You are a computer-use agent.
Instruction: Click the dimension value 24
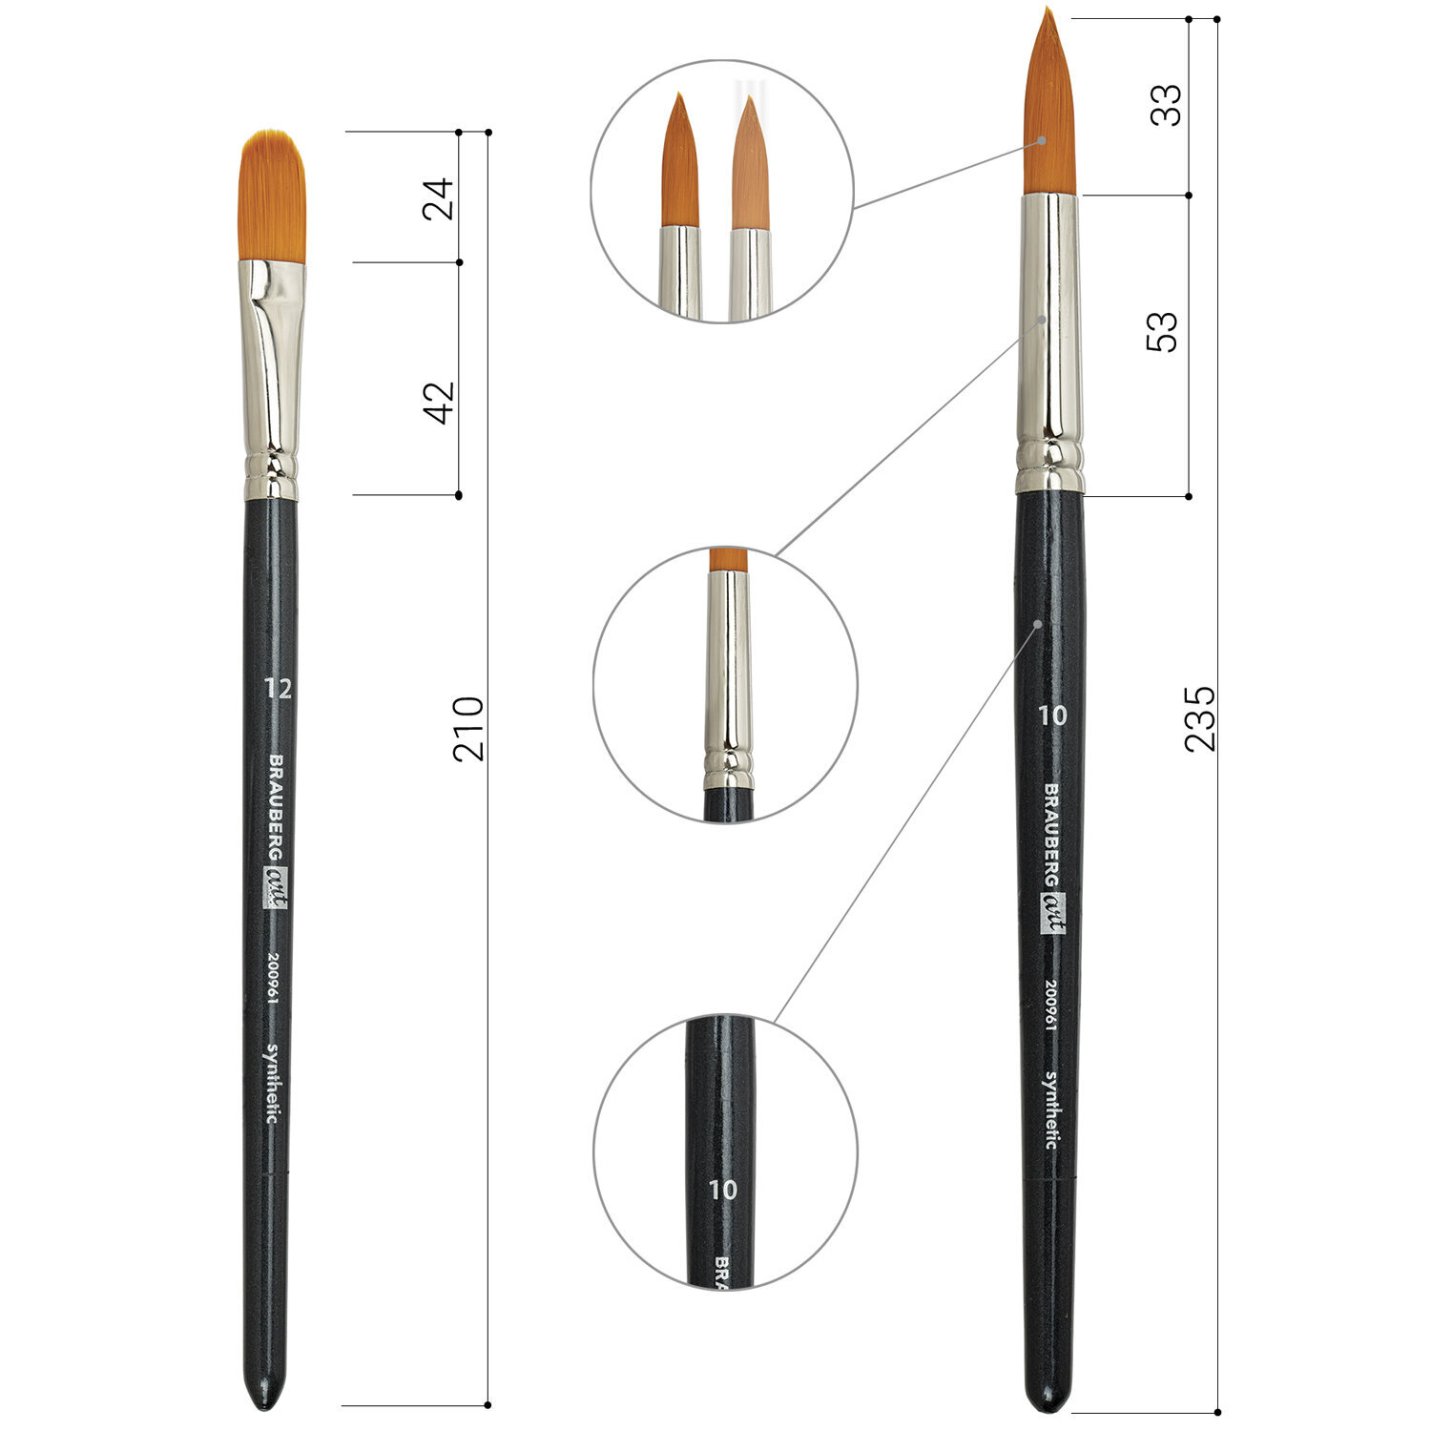point(439,198)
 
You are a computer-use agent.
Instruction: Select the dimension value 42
point(439,403)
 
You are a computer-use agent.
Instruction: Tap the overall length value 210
point(468,729)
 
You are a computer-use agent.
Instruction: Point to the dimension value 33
point(1165,105)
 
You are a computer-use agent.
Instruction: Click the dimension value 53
point(1162,332)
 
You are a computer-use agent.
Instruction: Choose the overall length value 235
point(1200,717)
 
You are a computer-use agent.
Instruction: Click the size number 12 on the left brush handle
point(278,688)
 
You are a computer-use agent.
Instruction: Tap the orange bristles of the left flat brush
point(272,196)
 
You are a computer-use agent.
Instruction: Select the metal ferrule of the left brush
point(272,380)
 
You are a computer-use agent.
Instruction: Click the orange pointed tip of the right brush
point(1049,101)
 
